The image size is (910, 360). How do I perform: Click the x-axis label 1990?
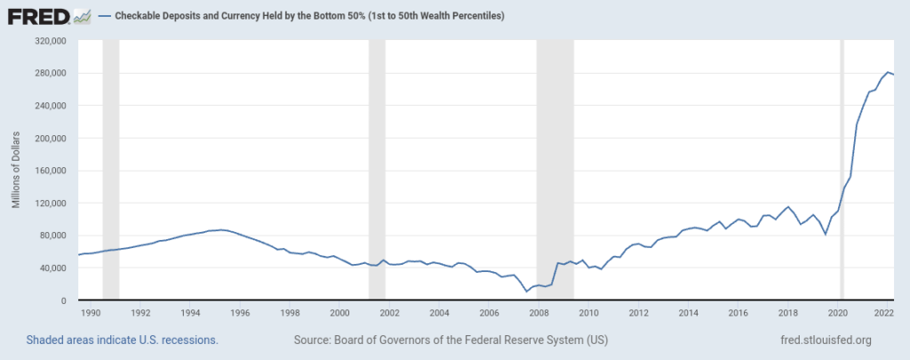[90, 313]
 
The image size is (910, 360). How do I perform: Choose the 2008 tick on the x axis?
[539, 313]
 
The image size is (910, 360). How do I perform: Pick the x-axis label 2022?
[883, 313]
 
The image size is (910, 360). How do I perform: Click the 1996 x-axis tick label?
[239, 313]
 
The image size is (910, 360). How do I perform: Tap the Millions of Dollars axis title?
[16, 172]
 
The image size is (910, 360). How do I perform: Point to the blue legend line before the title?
[105, 17]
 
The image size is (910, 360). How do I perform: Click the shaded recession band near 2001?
[377, 169]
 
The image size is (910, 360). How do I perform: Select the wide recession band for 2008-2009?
[555, 169]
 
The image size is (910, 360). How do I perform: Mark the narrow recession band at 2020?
[842, 169]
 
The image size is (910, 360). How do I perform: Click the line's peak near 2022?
[888, 72]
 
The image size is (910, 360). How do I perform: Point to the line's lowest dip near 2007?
[527, 291]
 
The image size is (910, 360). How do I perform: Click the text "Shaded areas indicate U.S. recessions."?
[123, 340]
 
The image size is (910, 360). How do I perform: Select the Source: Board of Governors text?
[451, 340]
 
